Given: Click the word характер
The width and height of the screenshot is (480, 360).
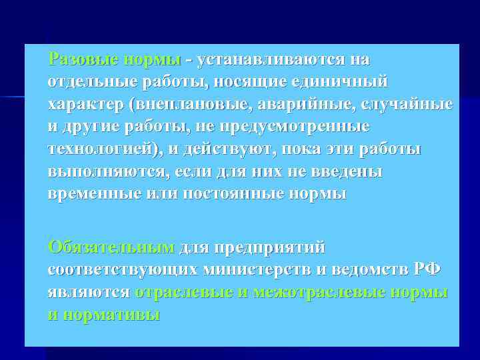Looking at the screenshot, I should pyautogui.click(x=86, y=105).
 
